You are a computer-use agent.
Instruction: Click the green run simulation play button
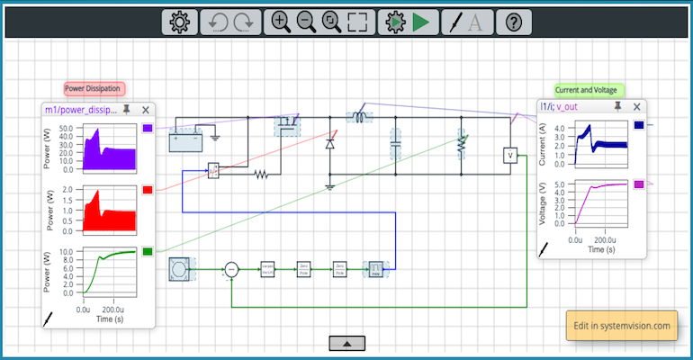coord(420,22)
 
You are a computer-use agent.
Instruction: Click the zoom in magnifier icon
coord(281,22)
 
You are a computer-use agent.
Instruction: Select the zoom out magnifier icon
coord(306,22)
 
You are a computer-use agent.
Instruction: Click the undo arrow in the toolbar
coord(217,22)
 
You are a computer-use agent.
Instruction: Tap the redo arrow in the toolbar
coord(242,22)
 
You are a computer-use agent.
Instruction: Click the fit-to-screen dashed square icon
coord(357,22)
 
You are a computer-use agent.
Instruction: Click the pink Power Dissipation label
coord(94,89)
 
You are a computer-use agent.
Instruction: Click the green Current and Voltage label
coord(586,90)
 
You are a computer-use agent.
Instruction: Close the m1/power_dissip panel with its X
coord(146,110)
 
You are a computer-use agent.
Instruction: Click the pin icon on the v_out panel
coord(617,106)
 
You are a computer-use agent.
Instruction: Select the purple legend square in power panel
coord(148,129)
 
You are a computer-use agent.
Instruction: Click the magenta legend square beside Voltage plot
coord(640,184)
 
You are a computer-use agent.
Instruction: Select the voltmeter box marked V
coord(510,156)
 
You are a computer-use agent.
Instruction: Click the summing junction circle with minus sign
coord(231,268)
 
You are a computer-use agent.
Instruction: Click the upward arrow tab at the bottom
coord(346,342)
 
